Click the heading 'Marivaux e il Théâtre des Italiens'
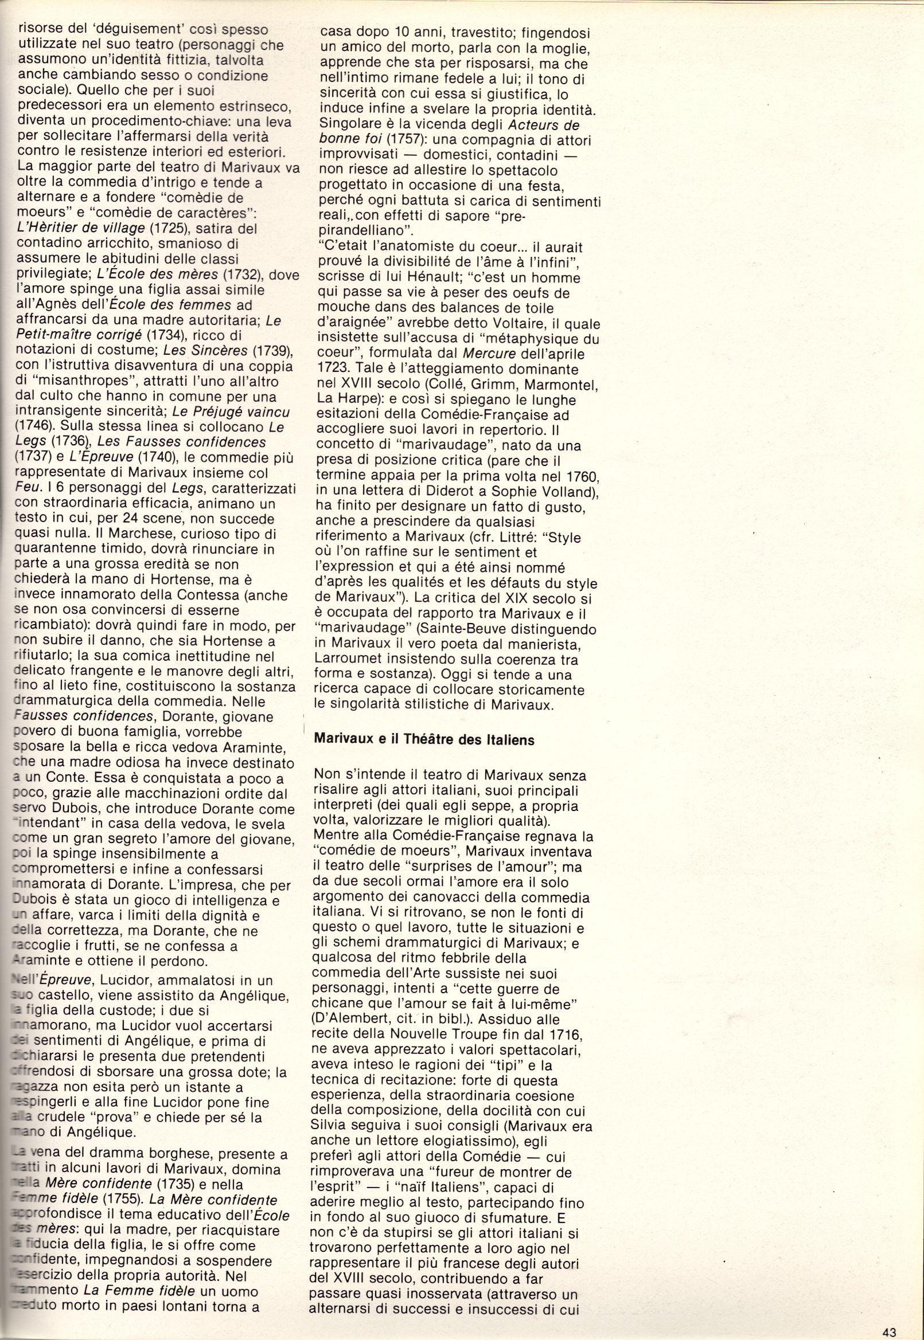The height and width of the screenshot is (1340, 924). coord(424,739)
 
